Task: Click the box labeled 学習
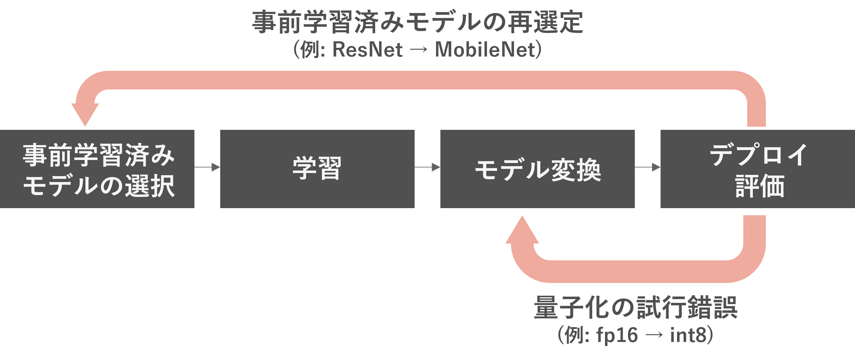coord(317,169)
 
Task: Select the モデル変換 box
coord(537,169)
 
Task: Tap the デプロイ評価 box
coord(757,169)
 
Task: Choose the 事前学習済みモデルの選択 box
coord(97,169)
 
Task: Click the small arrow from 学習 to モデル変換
coord(428,168)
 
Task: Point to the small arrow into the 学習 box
coord(207,168)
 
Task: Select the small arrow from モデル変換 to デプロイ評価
coord(648,168)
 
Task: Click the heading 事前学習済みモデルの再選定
coord(417,22)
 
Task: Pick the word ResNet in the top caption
coord(367,50)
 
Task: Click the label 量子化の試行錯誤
coord(635,308)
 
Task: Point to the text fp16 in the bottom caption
coord(617,335)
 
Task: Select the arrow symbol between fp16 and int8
coord(654,335)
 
